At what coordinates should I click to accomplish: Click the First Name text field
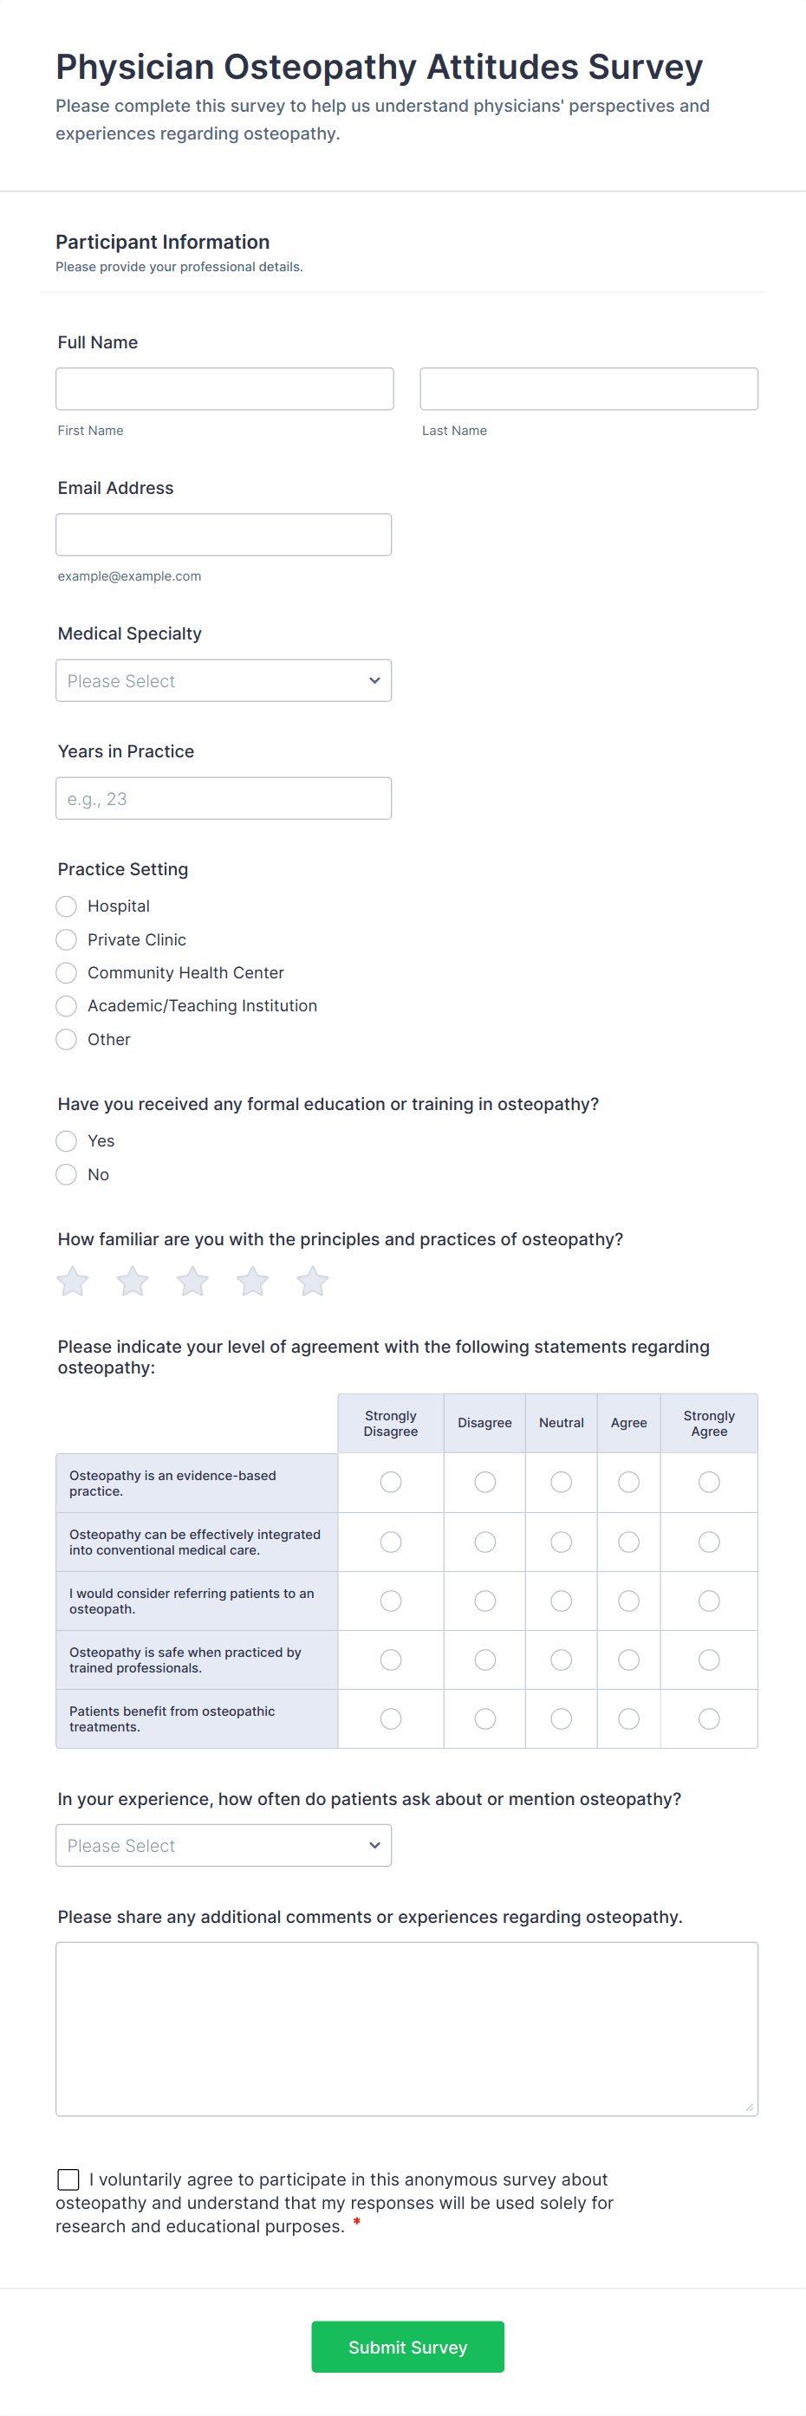224,388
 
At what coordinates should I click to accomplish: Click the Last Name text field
588,388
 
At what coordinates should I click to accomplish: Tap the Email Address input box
224,535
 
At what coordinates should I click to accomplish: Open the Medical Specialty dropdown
224,681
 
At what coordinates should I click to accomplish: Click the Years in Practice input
224,798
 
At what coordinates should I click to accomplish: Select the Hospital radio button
67,906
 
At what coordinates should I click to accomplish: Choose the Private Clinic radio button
67,939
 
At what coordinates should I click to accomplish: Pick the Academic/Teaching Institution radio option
67,1006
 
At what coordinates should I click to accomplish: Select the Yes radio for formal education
67,1141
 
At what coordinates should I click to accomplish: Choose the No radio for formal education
67,1174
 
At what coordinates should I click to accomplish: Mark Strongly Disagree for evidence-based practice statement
390,1482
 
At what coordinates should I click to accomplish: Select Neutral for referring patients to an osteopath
561,1601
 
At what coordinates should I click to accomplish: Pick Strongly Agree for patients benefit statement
708,1718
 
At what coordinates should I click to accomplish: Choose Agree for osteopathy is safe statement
628,1660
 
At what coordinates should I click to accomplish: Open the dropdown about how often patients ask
224,1846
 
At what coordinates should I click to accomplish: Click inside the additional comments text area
406,2029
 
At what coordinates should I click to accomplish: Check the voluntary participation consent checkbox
68,2179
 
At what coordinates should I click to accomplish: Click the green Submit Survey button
407,2347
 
